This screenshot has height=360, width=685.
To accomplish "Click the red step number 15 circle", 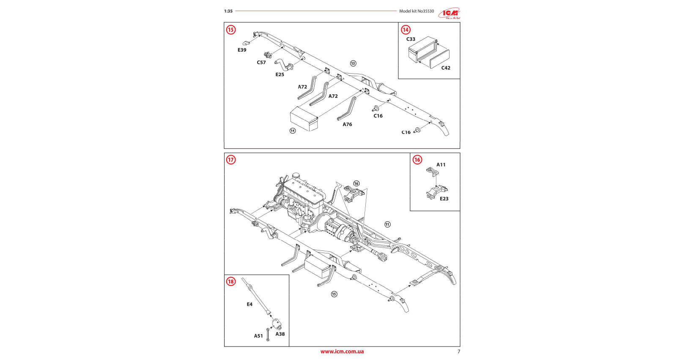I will pyautogui.click(x=231, y=30).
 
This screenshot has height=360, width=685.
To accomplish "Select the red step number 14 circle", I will pyautogui.click(x=406, y=30).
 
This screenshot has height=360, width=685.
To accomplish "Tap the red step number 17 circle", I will pyautogui.click(x=231, y=159).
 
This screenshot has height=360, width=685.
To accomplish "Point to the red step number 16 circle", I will pyautogui.click(x=417, y=159).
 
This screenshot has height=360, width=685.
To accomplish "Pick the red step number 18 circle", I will pyautogui.click(x=231, y=281).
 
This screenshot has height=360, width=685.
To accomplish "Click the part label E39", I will pyautogui.click(x=242, y=50).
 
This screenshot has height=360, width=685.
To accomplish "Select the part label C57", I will pyautogui.click(x=261, y=63).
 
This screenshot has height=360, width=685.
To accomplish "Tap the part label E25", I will pyautogui.click(x=280, y=74).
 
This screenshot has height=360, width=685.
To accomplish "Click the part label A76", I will pyautogui.click(x=347, y=124).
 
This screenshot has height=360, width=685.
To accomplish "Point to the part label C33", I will pyautogui.click(x=411, y=39).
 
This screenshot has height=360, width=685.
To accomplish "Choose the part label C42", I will pyautogui.click(x=446, y=68).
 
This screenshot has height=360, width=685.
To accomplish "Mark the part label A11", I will pyautogui.click(x=441, y=165).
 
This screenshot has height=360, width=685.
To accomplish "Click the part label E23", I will pyautogui.click(x=444, y=199).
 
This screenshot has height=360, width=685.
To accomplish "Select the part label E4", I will pyautogui.click(x=249, y=304).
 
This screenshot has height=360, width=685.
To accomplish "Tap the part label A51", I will pyautogui.click(x=258, y=336).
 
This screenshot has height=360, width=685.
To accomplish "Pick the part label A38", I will pyautogui.click(x=280, y=334).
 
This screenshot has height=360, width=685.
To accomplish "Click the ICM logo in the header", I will pyautogui.click(x=449, y=13).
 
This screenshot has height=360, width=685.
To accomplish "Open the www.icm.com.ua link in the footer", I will pyautogui.click(x=342, y=352).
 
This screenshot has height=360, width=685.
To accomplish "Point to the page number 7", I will pyautogui.click(x=459, y=352).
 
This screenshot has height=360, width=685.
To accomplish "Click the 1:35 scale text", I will pyautogui.click(x=228, y=11).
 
